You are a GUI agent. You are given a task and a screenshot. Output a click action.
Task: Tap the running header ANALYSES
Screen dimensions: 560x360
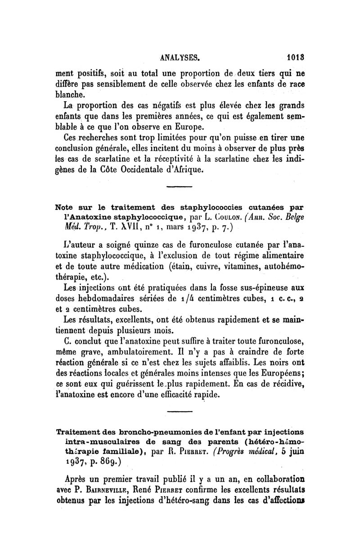(x=180, y=58)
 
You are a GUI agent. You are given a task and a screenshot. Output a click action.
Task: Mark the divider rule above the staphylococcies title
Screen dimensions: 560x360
(x=179, y=187)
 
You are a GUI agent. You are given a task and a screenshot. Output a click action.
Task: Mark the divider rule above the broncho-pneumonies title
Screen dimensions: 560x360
(x=179, y=412)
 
